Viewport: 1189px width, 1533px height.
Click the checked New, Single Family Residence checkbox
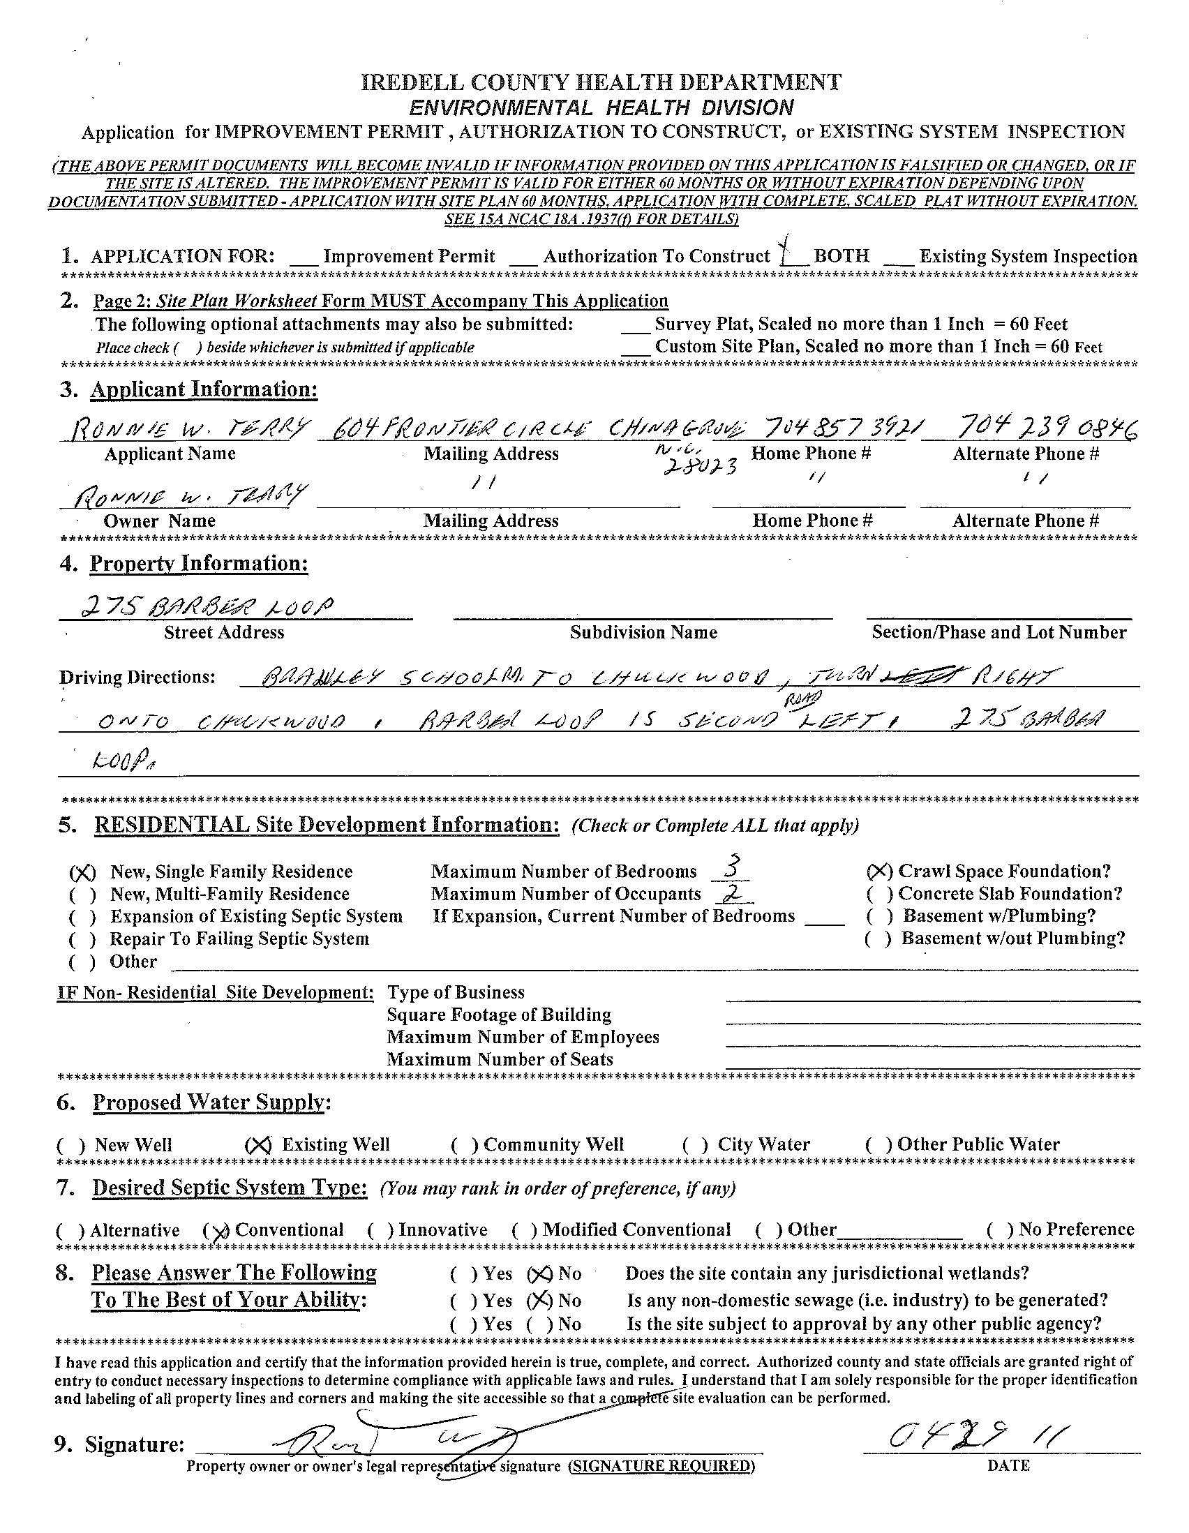(82, 872)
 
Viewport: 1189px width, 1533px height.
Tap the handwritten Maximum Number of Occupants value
(731, 892)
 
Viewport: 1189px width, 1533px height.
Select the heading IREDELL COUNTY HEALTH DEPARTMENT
(601, 83)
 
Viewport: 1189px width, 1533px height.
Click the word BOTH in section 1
(841, 256)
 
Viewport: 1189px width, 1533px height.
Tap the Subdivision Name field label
(643, 632)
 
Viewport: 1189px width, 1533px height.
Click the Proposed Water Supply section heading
(211, 1102)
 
